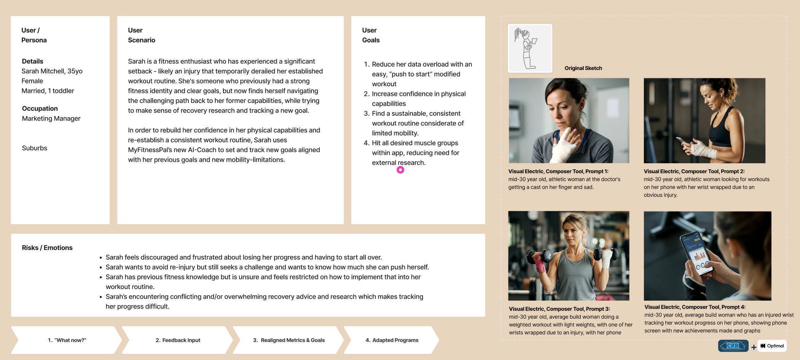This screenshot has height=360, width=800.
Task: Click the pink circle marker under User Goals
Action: pos(400,170)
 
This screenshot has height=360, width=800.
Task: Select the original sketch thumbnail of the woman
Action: pos(530,48)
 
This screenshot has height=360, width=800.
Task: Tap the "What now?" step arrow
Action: pos(67,340)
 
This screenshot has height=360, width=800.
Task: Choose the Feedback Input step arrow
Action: pos(178,340)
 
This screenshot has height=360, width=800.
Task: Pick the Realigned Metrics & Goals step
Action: pos(288,340)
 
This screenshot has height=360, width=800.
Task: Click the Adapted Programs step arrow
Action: pos(392,340)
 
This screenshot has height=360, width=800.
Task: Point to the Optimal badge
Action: pos(772,346)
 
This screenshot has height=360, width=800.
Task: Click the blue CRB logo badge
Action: pos(733,346)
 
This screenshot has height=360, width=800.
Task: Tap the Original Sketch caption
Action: pos(583,68)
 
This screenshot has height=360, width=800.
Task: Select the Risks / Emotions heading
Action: pos(47,248)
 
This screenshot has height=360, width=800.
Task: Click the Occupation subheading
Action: pos(40,108)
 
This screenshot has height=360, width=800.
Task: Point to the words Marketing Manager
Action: pos(51,118)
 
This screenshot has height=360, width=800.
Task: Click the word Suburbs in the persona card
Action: pos(35,148)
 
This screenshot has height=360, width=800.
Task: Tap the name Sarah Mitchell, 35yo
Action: pos(52,71)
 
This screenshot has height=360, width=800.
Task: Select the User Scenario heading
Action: pos(142,35)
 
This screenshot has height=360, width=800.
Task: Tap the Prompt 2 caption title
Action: pos(694,172)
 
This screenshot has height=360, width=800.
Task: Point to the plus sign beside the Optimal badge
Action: pos(754,347)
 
